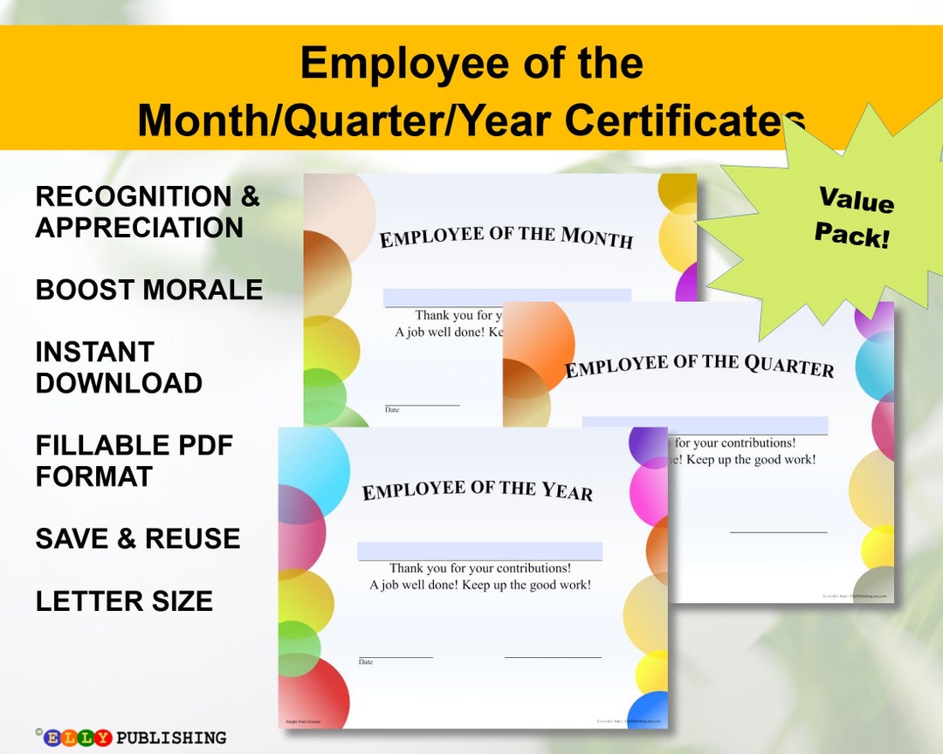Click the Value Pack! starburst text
point(855,216)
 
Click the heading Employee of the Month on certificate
point(506,236)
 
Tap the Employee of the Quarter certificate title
point(699,365)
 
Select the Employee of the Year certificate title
point(478,490)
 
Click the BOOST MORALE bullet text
point(149,290)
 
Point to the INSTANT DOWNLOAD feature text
point(119,367)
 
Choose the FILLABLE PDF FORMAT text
point(134,461)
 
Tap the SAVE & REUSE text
point(138,538)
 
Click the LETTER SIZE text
point(124,601)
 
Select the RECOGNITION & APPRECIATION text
point(148,212)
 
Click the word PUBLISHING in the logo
point(171,738)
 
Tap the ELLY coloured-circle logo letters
point(78,738)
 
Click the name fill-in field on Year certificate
point(479,552)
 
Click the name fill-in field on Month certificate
point(506,297)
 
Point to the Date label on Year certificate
point(366,662)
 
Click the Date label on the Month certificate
point(392,409)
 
